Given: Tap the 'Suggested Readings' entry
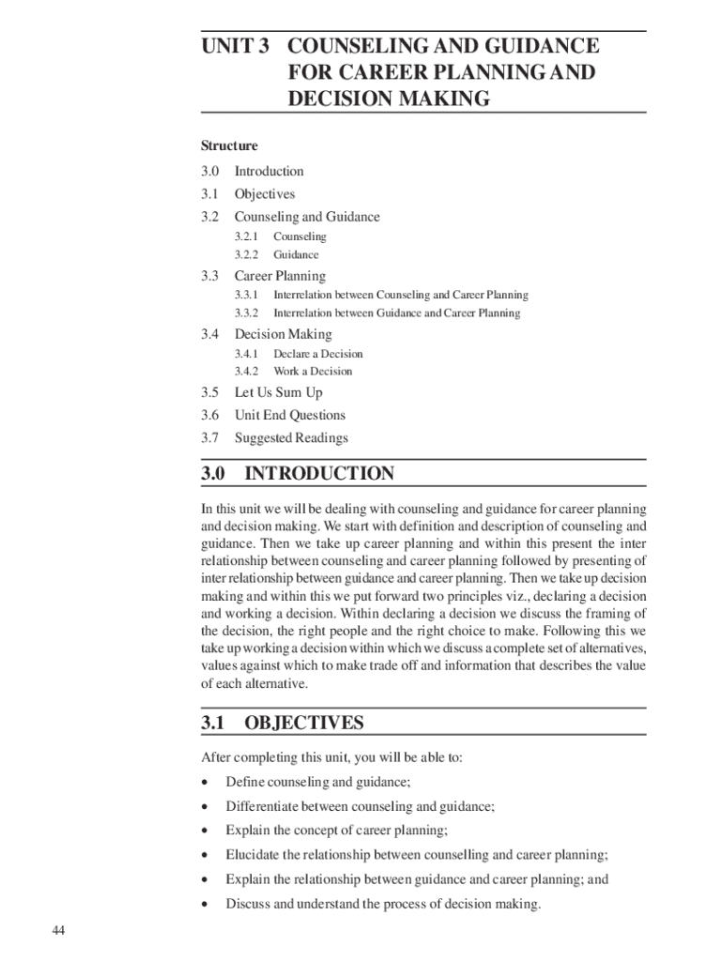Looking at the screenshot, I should pyautogui.click(x=291, y=438).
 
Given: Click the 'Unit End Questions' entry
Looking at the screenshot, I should pyautogui.click(x=289, y=415).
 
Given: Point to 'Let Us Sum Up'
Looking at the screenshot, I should pyautogui.click(x=278, y=392).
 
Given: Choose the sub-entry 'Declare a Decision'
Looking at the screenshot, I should pyautogui.click(x=317, y=354).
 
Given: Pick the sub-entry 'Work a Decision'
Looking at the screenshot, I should pyautogui.click(x=313, y=371).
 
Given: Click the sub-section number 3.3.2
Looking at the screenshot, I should pyautogui.click(x=248, y=313).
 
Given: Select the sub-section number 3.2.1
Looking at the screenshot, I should pyautogui.click(x=248, y=236).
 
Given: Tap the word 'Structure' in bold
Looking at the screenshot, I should pyautogui.click(x=229, y=145).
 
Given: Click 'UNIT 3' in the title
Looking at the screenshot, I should pyautogui.click(x=236, y=45).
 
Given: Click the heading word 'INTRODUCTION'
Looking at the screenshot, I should pyautogui.click(x=319, y=474).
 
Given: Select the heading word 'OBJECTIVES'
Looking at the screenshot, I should pyautogui.click(x=303, y=723).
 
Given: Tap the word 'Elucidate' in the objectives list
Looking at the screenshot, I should pyautogui.click(x=252, y=855).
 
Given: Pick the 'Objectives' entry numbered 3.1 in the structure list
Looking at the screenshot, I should pyautogui.click(x=265, y=194).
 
